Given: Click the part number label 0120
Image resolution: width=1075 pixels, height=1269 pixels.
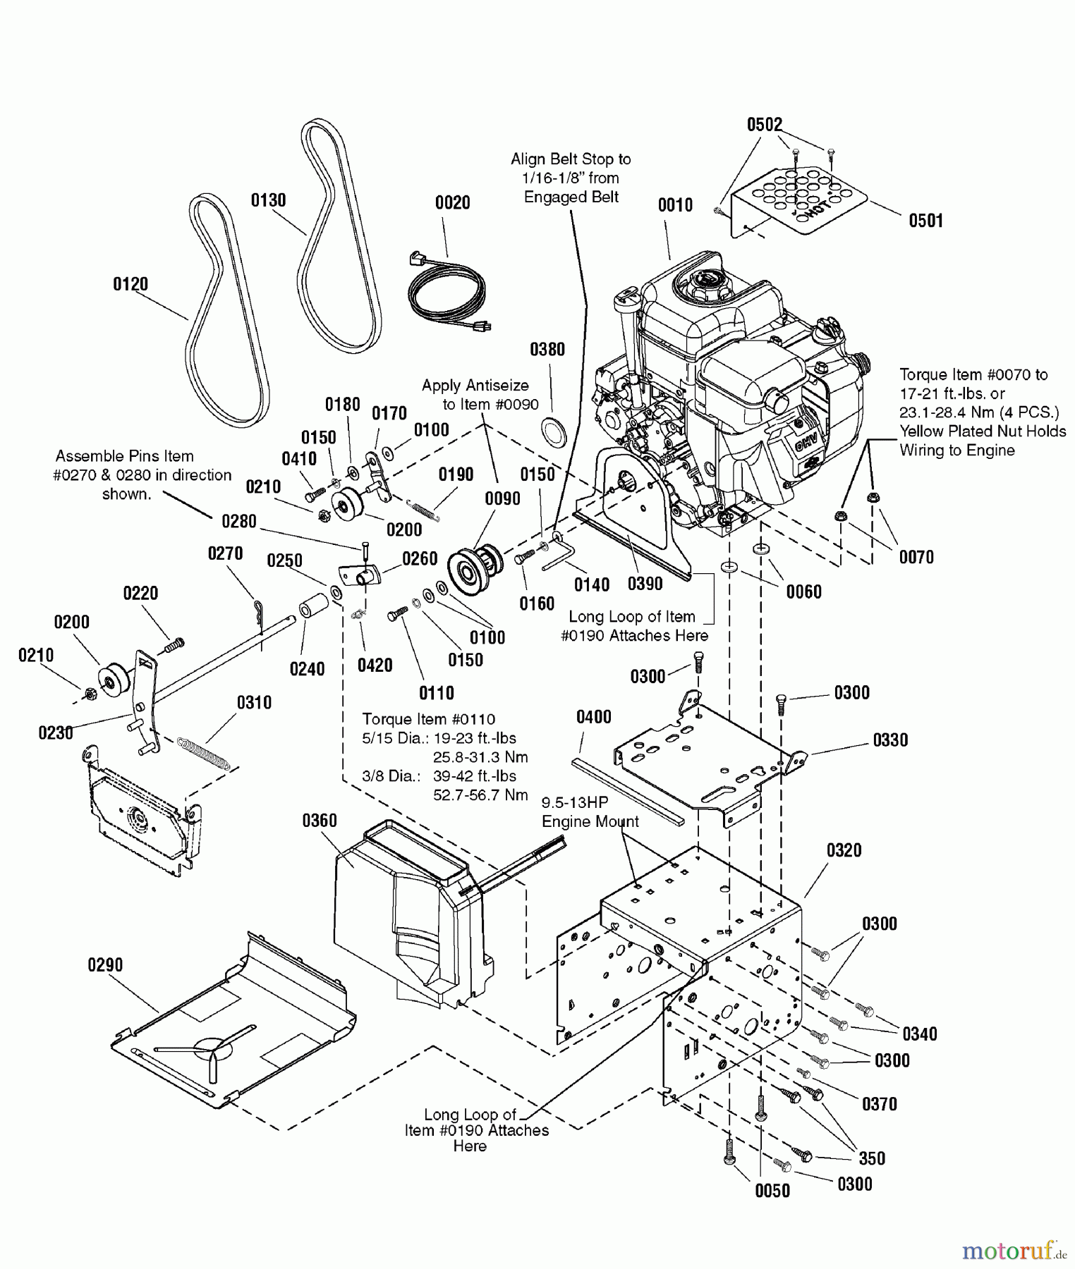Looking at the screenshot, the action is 130,284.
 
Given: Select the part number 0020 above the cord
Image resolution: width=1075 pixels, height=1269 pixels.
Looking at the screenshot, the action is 452,203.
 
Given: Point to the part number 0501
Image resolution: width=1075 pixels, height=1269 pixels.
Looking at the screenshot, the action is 925,221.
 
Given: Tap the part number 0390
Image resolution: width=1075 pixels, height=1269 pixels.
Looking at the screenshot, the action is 645,584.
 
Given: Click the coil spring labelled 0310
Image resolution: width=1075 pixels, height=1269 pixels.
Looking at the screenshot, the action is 203,753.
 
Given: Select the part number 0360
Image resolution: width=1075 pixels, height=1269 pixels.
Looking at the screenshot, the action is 320,821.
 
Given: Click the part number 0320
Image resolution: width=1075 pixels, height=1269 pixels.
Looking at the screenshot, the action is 844,850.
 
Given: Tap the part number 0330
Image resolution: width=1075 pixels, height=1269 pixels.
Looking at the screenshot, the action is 890,740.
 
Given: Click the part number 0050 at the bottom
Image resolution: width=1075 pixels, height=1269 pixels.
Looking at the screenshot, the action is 772,1191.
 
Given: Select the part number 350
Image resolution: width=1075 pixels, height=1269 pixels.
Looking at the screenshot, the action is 872,1158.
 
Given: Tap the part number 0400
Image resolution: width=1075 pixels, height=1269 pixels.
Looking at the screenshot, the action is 593,718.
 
